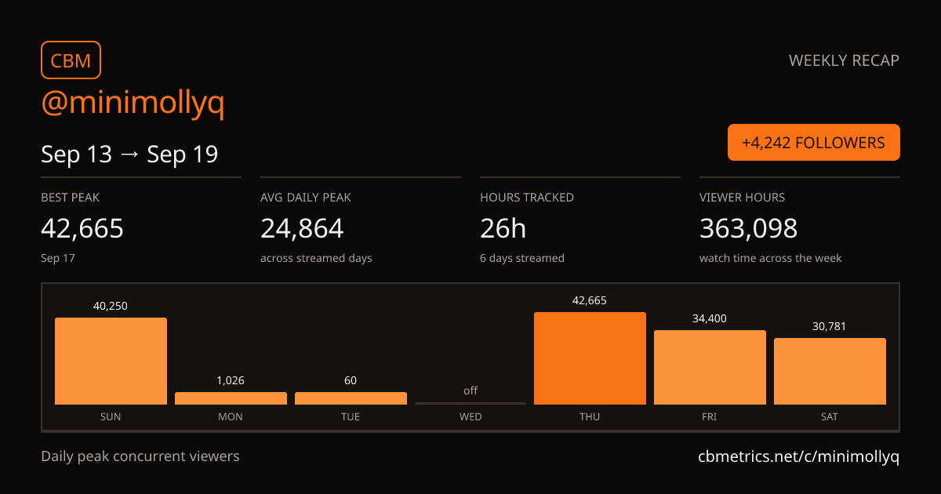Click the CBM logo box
coord(71,60)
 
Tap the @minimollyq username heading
coord(133,103)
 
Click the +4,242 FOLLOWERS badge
coord(814,143)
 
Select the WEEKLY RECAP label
coord(844,60)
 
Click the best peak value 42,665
coord(82,228)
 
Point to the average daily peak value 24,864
coord(302,228)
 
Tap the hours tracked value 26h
coord(503,228)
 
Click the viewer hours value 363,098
coord(748,228)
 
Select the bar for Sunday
coord(111,361)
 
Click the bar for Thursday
coord(590,358)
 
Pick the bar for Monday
coord(231,398)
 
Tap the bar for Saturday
coord(830,372)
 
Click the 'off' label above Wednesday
coord(470,390)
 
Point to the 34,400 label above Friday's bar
coord(710,319)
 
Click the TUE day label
coord(351,416)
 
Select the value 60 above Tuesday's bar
coord(351,380)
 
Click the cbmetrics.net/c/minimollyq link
coord(798,456)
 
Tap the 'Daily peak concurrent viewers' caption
coord(140,456)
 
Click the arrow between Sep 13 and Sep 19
coord(129,154)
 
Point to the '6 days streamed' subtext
coord(522,258)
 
